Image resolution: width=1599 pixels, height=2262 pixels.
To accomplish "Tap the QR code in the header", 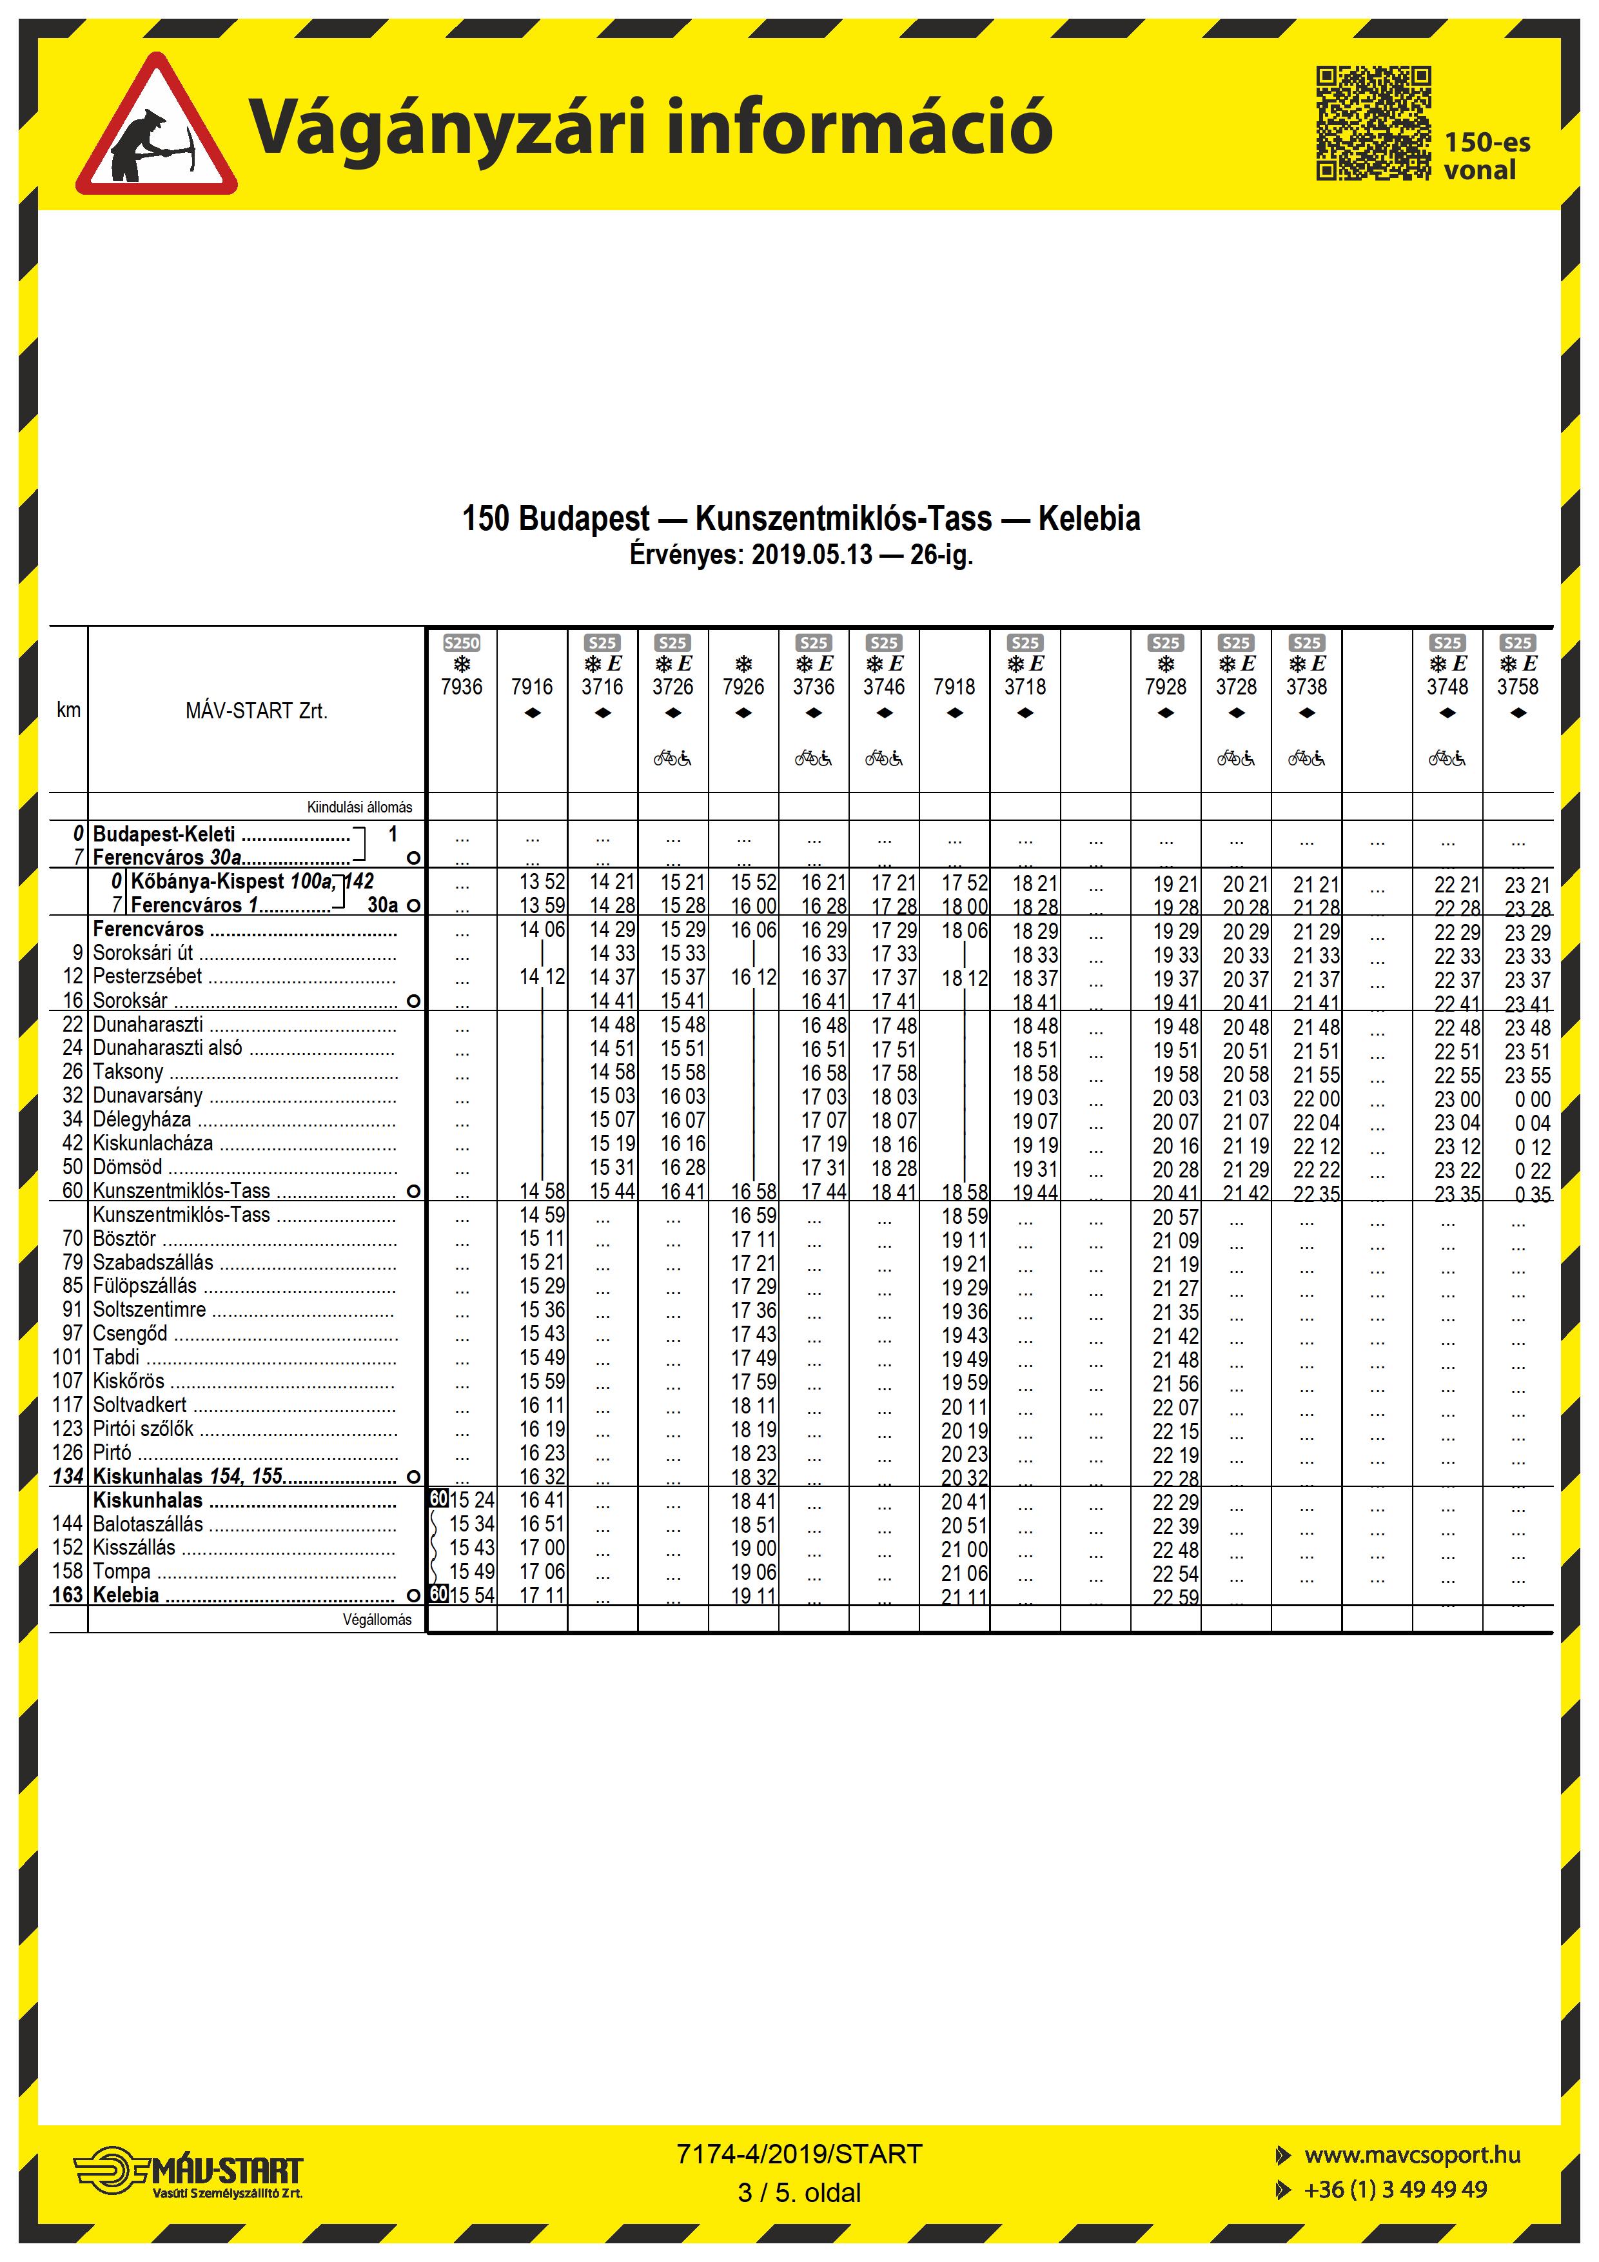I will pyautogui.click(x=1373, y=123).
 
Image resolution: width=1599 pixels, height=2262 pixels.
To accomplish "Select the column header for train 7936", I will pyautogui.click(x=461, y=687).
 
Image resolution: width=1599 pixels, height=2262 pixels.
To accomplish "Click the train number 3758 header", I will pyautogui.click(x=1517, y=687).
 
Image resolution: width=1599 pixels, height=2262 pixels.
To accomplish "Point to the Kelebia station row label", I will pyautogui.click(x=126, y=1595).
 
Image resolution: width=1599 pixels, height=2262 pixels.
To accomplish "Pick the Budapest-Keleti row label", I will pyautogui.click(x=164, y=834).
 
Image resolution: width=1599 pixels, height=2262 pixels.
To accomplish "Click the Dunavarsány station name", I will pyautogui.click(x=148, y=1096).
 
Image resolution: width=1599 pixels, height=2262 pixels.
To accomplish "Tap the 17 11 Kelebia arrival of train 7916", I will pyautogui.click(x=542, y=1595).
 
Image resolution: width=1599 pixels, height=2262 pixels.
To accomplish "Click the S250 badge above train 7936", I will pyautogui.click(x=461, y=642).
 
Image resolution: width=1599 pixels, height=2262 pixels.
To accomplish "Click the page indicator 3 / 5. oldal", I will pyautogui.click(x=799, y=2193).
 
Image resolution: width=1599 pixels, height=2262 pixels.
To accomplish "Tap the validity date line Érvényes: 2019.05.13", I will pyautogui.click(x=800, y=555).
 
